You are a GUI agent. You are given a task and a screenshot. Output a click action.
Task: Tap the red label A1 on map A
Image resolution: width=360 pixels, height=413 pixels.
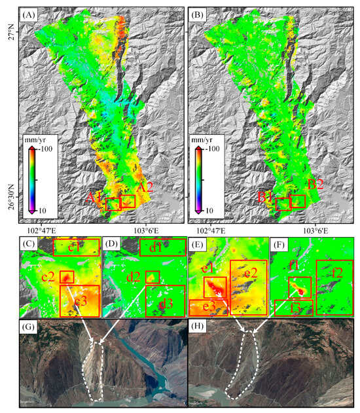(x=95, y=196)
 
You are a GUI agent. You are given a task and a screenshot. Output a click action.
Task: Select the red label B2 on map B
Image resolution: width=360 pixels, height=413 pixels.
(x=315, y=186)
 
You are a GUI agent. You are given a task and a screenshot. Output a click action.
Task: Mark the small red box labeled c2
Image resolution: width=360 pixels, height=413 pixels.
(x=66, y=277)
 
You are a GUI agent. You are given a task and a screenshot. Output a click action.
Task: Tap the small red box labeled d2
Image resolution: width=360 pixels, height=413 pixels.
(x=152, y=277)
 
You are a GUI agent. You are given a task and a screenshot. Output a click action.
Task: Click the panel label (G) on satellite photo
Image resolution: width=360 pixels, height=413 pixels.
(x=29, y=327)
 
